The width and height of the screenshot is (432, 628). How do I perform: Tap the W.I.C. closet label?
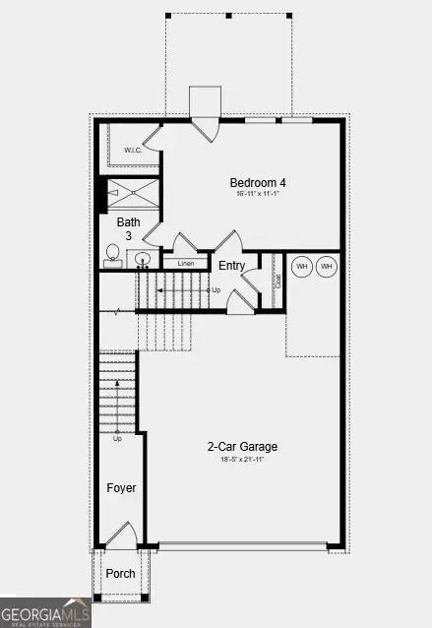coord(134,150)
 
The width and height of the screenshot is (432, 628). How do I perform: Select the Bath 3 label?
coord(129,229)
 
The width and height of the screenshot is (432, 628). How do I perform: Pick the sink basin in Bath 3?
coord(143,260)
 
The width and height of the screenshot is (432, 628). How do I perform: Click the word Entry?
coord(232,266)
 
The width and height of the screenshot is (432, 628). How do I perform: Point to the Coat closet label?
coord(278,281)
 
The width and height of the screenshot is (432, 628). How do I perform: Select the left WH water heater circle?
coord(302,267)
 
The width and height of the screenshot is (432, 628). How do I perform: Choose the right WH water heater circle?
coord(327,267)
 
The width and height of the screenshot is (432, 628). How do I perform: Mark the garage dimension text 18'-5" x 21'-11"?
coord(236,460)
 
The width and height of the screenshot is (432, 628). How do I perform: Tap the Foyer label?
coord(121,488)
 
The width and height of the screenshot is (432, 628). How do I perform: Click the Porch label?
coord(120,574)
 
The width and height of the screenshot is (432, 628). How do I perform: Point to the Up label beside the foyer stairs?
coord(117,438)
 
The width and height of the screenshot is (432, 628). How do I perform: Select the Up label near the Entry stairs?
coord(216,290)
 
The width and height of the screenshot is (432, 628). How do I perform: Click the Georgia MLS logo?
coord(46,612)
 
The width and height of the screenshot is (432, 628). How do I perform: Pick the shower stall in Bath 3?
coord(132,195)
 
